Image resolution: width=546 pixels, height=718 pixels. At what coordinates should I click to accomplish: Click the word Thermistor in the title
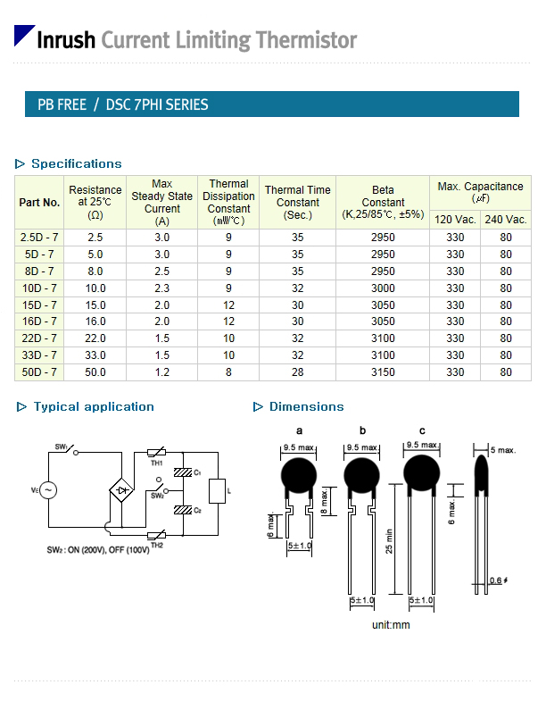point(306,40)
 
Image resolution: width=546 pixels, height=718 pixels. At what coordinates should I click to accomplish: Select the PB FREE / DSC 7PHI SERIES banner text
point(122,104)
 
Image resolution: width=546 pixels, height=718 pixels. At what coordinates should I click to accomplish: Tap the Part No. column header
point(39,203)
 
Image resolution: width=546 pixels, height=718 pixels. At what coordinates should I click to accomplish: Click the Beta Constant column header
point(383,202)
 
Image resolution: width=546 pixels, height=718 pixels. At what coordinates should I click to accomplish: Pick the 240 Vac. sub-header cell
point(505,220)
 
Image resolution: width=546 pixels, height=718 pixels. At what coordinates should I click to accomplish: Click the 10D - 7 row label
point(39,288)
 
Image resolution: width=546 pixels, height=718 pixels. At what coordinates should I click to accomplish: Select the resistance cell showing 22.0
point(95,338)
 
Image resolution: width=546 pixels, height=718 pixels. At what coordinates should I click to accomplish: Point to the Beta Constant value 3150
point(383,372)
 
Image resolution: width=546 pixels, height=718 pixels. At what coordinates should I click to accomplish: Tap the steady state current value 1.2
point(161,372)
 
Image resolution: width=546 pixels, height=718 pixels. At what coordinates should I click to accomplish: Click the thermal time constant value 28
point(298,372)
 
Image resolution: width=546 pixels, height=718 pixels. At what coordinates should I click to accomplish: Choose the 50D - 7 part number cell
point(39,372)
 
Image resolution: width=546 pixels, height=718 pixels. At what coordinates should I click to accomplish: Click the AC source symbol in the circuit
point(48,490)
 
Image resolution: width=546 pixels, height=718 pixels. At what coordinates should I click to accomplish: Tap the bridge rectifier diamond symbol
point(121,490)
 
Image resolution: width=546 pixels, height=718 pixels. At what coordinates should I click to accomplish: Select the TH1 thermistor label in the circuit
point(156,463)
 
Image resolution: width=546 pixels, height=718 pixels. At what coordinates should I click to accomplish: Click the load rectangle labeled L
point(217,491)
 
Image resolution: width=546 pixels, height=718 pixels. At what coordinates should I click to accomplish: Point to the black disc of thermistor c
point(422,473)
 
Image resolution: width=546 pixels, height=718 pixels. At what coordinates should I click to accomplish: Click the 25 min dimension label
point(389,541)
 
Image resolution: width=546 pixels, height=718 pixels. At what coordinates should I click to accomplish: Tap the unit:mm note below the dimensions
point(391,625)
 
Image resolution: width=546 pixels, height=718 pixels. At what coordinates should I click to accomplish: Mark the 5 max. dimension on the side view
point(503,450)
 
